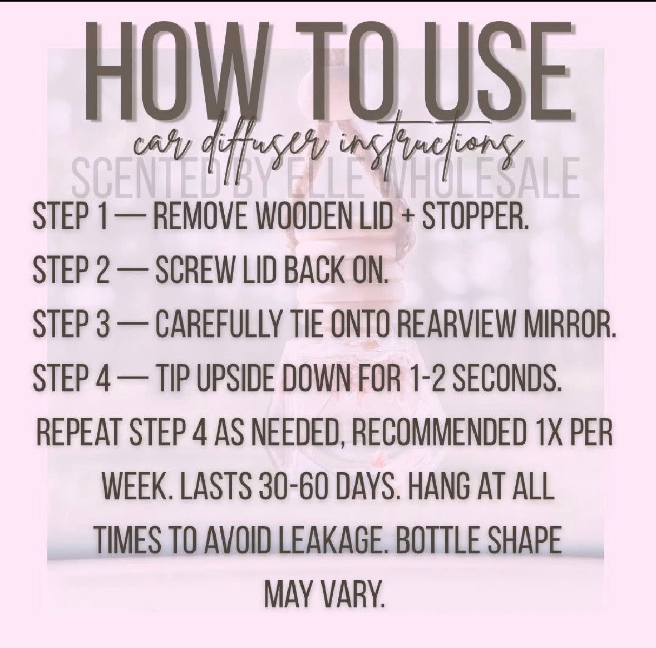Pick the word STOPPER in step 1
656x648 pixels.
(475, 216)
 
